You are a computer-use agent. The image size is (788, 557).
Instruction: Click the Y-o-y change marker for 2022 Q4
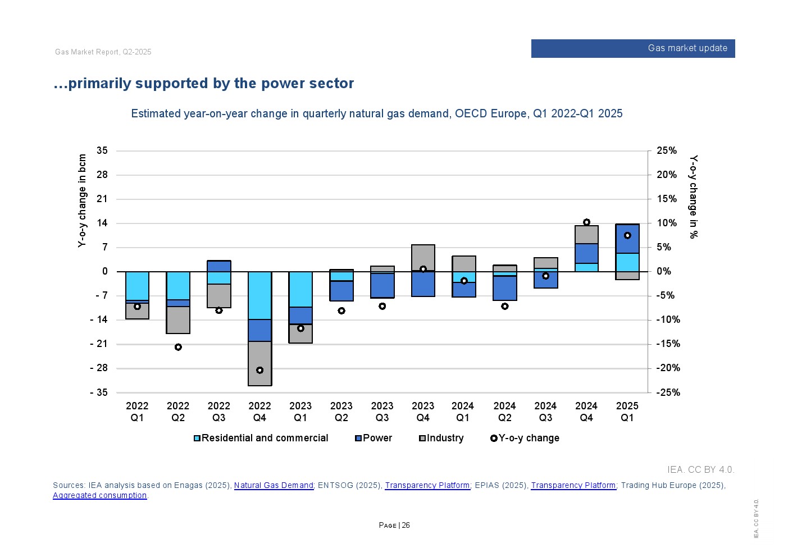[x=259, y=371]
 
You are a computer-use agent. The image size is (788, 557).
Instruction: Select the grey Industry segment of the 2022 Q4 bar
[x=259, y=363]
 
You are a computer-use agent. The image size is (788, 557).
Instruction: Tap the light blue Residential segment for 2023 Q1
[x=300, y=289]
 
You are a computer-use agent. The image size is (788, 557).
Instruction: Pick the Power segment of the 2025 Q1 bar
[x=627, y=239]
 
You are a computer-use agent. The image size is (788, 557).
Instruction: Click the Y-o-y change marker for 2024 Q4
[x=586, y=222]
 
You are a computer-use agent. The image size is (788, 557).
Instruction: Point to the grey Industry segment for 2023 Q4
[x=423, y=257]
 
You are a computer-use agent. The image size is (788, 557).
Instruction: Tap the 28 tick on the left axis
[x=102, y=175]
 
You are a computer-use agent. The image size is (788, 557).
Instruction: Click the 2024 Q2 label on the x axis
[x=504, y=412]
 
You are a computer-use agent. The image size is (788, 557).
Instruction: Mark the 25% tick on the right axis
[x=667, y=150]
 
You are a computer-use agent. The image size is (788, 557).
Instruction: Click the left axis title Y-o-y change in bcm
[x=83, y=200]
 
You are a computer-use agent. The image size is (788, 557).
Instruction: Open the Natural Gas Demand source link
[x=274, y=485]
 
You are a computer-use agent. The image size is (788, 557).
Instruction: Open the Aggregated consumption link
[x=99, y=495]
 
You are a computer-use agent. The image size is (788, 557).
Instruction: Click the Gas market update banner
[x=633, y=48]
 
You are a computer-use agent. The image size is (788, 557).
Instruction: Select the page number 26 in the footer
[x=406, y=525]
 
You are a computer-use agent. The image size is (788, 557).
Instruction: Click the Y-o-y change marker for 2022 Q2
[x=178, y=347]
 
